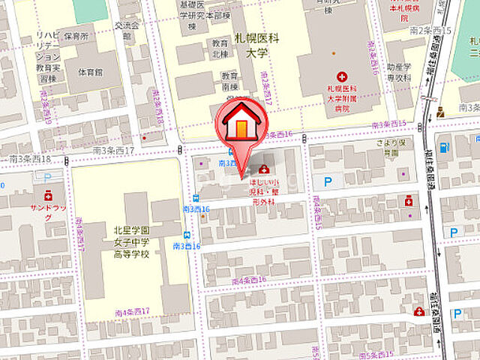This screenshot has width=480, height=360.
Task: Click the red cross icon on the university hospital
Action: click(343, 76)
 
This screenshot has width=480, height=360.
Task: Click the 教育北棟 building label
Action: click(220, 48)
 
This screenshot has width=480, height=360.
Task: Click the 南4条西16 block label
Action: click(249, 280)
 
